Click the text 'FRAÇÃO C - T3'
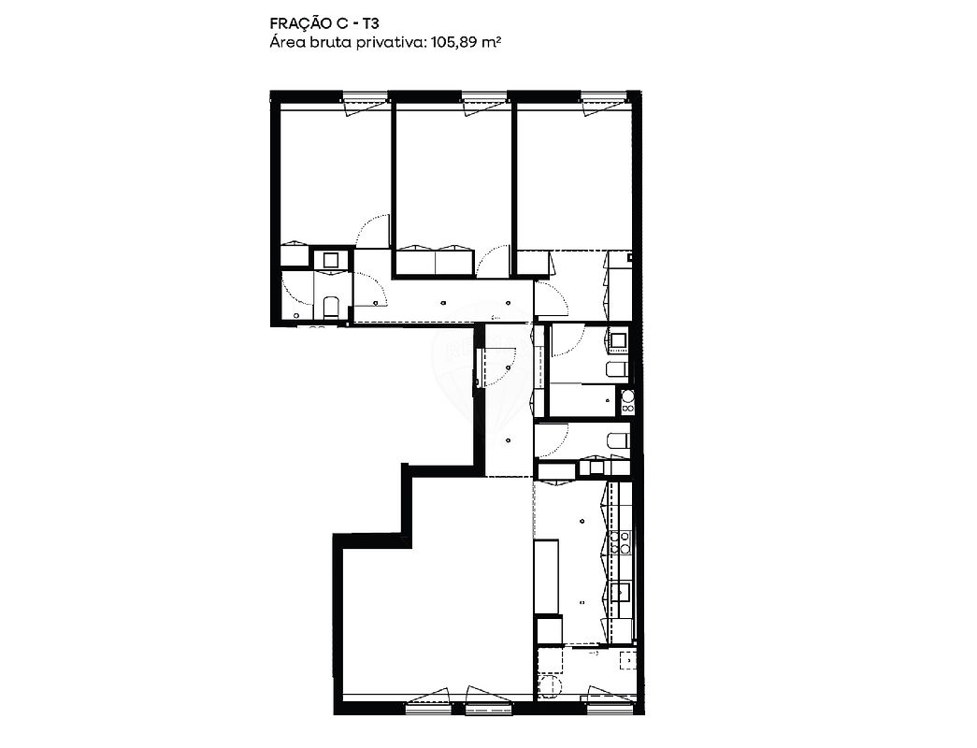(x=324, y=23)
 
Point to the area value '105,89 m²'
(x=467, y=43)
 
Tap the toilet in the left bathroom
(x=331, y=309)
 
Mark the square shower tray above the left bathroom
(x=331, y=259)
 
